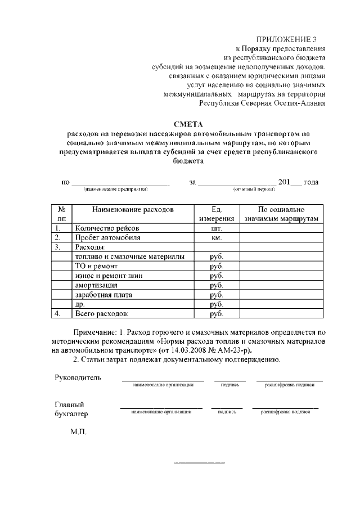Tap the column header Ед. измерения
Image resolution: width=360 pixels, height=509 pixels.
point(217,214)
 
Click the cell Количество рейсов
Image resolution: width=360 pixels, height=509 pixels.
point(106,228)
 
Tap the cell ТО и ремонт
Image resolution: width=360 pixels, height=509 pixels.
point(96,266)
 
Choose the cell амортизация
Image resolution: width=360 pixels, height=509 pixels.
point(96,285)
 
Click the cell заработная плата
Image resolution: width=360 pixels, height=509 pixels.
point(102,295)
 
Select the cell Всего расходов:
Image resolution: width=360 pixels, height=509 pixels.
point(102,313)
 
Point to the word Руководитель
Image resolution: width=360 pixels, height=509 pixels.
point(78,377)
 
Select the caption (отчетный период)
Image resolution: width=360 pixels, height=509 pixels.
point(254,190)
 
